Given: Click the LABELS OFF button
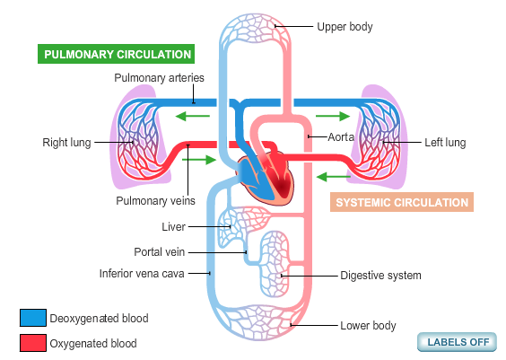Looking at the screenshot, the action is [457, 342].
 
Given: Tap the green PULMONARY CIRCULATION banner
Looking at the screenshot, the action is [116, 54].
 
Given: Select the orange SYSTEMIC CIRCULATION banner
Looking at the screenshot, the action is [402, 202].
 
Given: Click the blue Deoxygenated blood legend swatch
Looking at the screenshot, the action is [33, 318].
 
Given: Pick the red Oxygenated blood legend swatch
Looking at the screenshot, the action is [33, 343].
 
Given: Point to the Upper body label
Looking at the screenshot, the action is [345, 27].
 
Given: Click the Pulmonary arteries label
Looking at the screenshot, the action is [159, 78].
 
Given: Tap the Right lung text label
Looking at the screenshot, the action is [66, 143].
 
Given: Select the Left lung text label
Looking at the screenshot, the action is [445, 143].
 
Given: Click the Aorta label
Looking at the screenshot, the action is [341, 137].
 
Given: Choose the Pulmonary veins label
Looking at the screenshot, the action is [155, 201].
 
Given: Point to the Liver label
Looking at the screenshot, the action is [174, 226].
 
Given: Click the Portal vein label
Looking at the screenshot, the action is [160, 252].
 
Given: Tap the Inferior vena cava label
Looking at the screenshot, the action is [142, 274].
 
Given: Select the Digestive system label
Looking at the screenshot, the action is [380, 276].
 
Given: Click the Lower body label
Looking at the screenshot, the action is [368, 326].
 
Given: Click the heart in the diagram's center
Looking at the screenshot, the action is [266, 178].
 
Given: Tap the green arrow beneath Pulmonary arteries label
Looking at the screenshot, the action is [193, 116].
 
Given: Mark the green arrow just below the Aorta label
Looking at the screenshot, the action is [334, 177].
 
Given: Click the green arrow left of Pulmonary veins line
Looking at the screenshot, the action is [199, 160].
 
